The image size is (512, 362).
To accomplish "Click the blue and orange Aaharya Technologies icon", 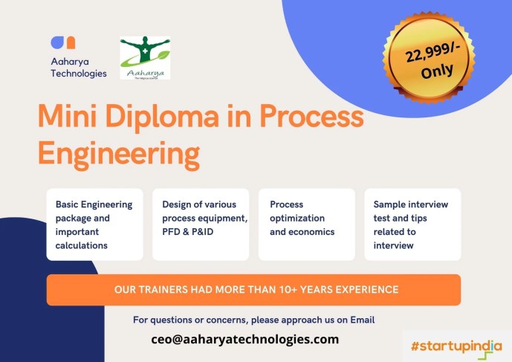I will [x=63, y=43].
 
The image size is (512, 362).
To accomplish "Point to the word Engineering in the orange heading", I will [x=119, y=154].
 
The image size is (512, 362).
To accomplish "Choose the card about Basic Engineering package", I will [x=94, y=224].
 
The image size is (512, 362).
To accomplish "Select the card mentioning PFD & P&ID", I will [x=201, y=224].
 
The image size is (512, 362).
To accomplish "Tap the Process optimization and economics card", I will [x=306, y=224].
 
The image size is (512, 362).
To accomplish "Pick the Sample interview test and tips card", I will [x=412, y=224].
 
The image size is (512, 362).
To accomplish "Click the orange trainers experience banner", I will [x=253, y=290].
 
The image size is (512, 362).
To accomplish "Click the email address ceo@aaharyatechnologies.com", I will [x=244, y=339].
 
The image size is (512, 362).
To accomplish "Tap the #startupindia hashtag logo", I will [x=456, y=346].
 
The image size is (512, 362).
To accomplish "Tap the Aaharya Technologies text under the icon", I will [x=79, y=68].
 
